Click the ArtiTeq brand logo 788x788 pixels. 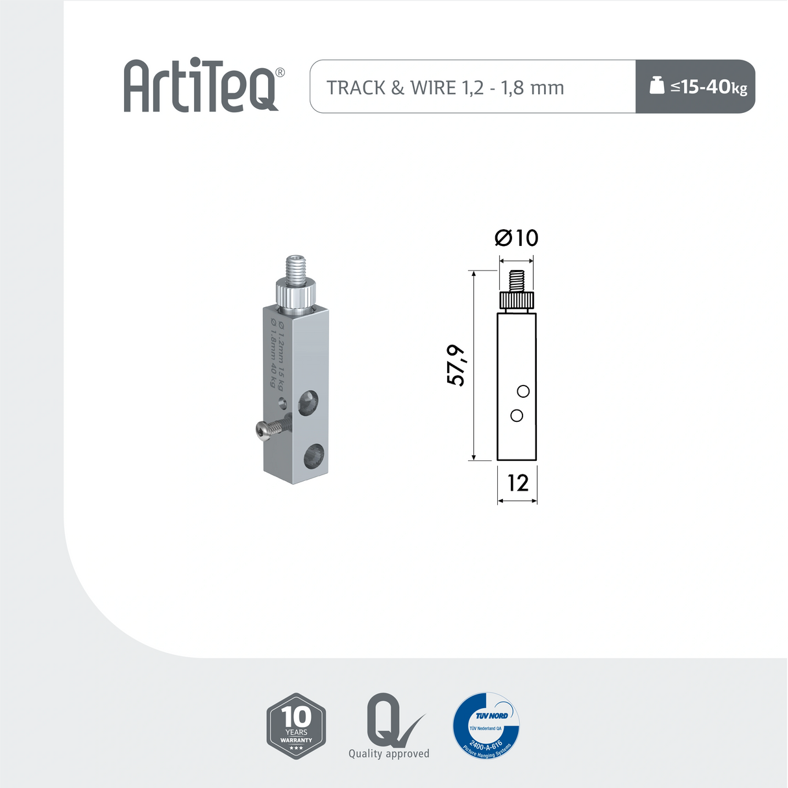[201, 86]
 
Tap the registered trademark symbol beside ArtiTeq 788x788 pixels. [280, 72]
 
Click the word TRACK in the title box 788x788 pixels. [356, 88]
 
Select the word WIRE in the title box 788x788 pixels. [433, 88]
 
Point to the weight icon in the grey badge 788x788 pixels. [657, 85]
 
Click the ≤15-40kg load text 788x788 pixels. [709, 87]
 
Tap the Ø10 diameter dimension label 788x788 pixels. [517, 238]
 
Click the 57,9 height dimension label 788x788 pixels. [456, 365]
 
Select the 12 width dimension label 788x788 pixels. [517, 483]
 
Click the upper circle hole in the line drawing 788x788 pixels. [523, 391]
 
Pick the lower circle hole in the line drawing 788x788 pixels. [517, 415]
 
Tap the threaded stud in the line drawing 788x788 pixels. [516, 281]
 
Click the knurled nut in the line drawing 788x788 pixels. [517, 301]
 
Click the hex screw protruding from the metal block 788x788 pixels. [269, 430]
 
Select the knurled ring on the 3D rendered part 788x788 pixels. [295, 293]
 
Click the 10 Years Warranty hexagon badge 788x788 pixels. [296, 726]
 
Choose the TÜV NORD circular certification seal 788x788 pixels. [486, 725]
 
